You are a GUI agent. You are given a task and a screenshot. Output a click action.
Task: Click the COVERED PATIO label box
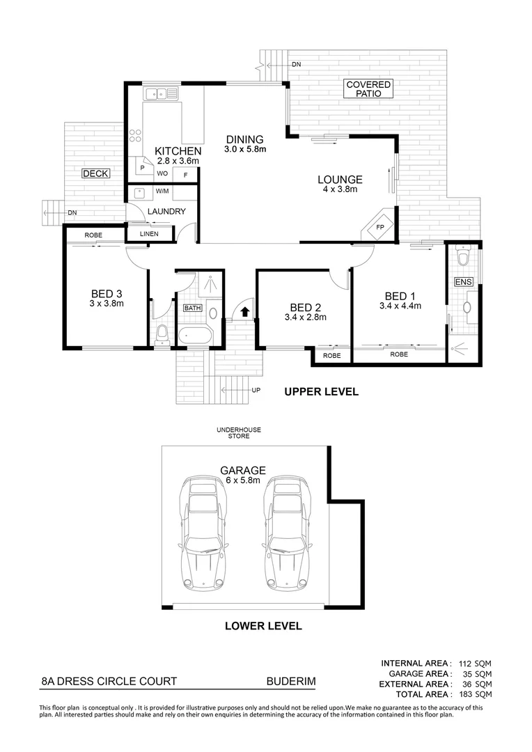tap(369, 88)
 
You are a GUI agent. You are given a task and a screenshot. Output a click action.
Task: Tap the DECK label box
tap(95, 173)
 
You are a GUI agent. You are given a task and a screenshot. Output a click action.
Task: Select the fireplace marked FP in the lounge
tap(380, 227)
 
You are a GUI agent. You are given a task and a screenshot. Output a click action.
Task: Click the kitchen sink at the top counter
tap(161, 93)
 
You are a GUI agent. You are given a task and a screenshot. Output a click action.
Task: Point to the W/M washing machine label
tap(162, 191)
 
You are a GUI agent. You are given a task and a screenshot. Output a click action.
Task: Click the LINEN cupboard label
tap(149, 234)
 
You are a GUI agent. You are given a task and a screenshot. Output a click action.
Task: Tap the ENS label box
tap(462, 282)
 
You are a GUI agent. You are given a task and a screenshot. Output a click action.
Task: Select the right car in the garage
tap(285, 533)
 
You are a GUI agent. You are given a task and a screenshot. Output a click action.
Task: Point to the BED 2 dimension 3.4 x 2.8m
tap(305, 318)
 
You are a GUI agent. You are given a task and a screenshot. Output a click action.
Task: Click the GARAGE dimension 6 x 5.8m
tap(243, 480)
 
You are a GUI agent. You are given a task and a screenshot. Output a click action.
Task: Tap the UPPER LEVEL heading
tap(321, 392)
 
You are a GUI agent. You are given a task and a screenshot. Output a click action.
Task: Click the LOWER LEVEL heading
tap(263, 626)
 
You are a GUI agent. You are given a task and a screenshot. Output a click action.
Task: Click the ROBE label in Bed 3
tap(93, 235)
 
